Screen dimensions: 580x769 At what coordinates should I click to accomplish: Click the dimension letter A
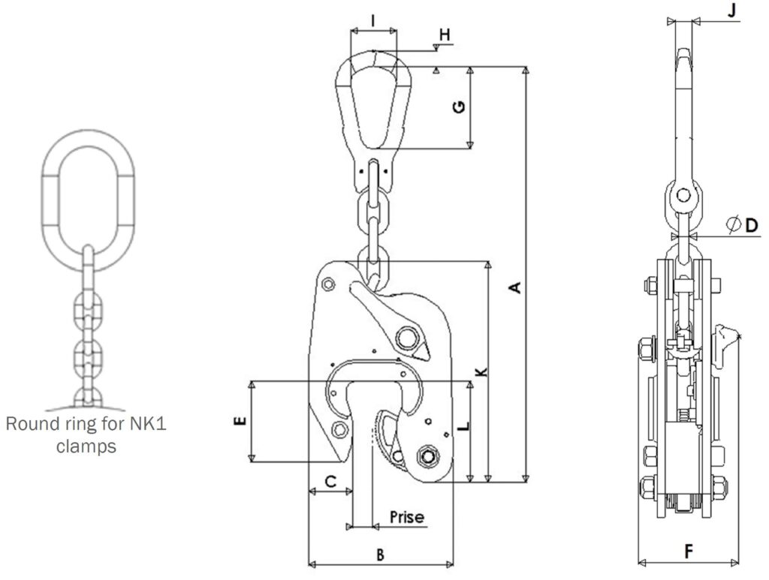(514, 287)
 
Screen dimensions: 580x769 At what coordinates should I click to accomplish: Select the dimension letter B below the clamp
(381, 554)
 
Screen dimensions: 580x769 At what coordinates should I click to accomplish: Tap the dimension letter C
(330, 482)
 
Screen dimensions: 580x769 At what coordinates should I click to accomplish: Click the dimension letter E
(240, 422)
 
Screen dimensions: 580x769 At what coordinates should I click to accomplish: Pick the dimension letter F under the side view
(689, 551)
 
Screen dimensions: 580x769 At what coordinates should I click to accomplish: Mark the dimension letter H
(444, 35)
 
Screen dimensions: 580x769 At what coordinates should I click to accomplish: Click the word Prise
(407, 517)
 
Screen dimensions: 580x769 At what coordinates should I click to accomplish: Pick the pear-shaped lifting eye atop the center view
(373, 102)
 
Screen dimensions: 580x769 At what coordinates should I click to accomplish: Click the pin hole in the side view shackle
(682, 197)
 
